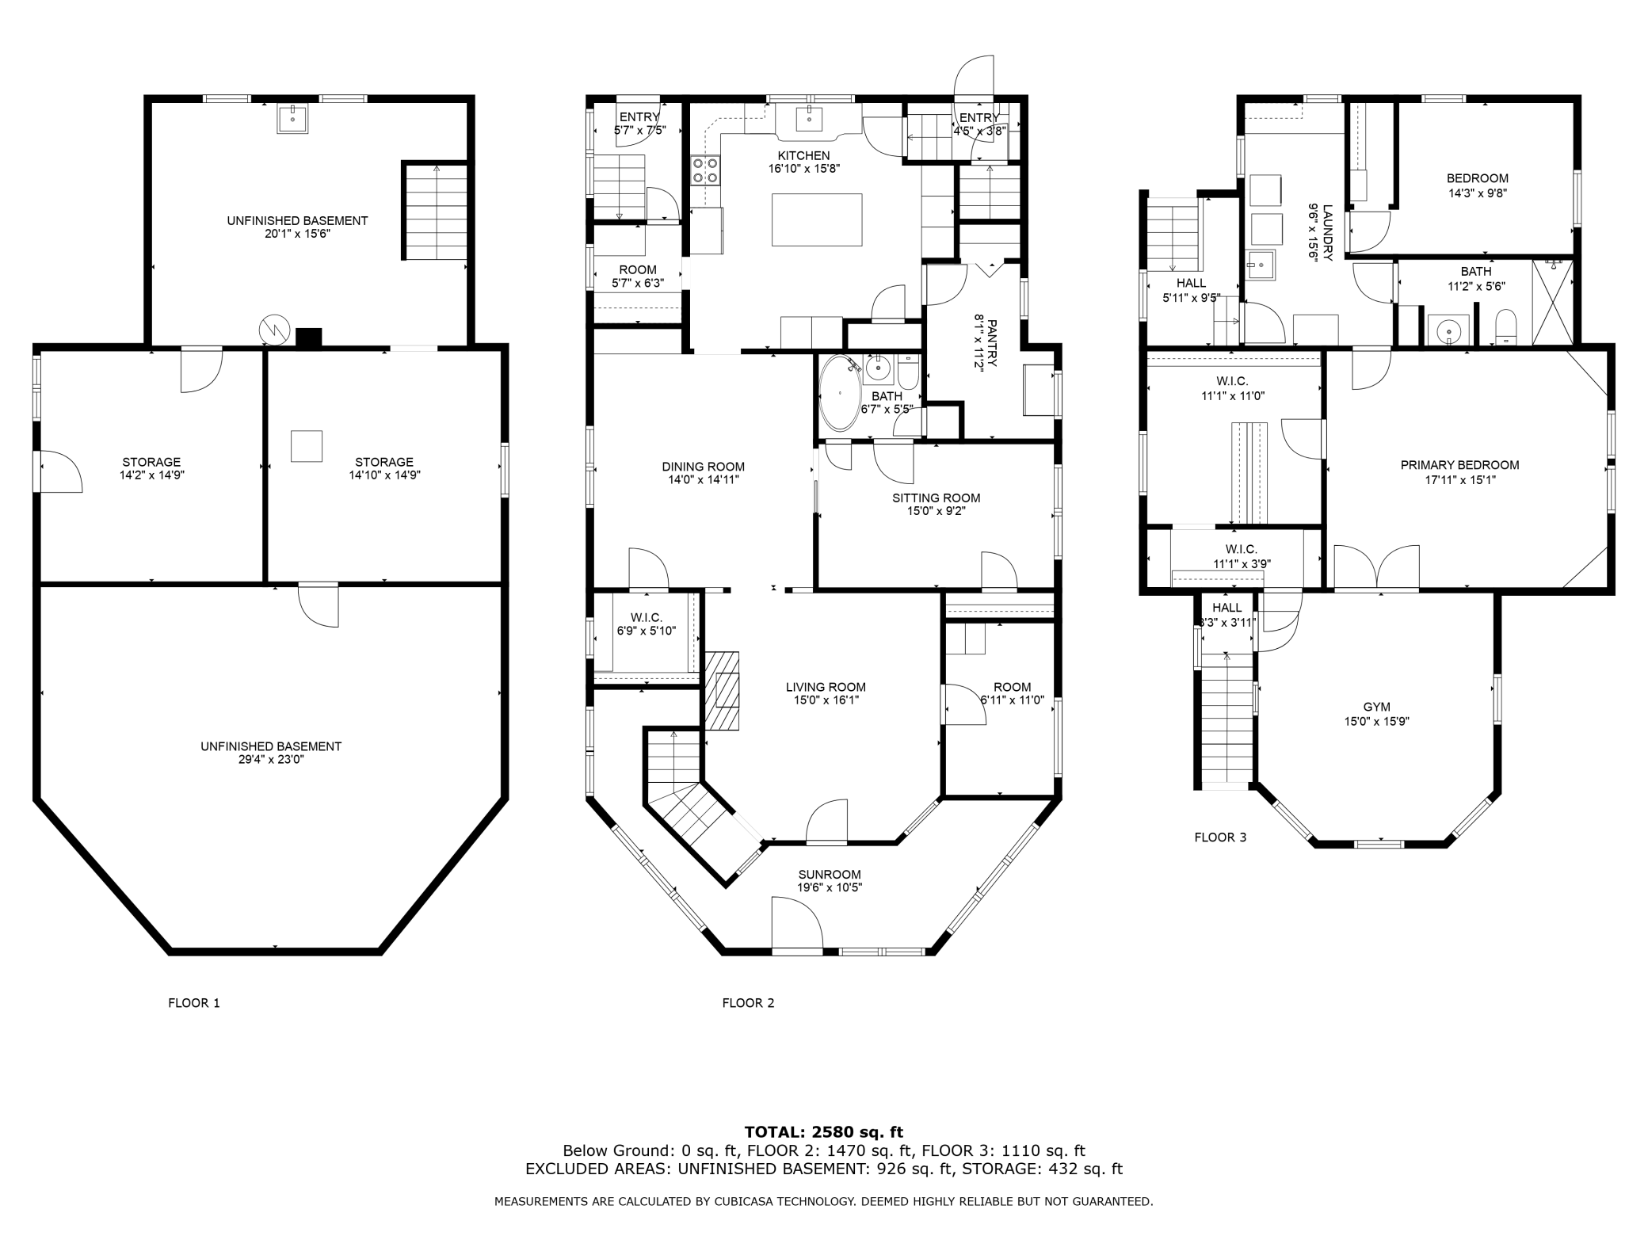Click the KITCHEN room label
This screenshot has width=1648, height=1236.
click(x=803, y=156)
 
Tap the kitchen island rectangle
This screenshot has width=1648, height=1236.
click(x=817, y=219)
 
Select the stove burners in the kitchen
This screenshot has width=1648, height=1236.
click(x=705, y=170)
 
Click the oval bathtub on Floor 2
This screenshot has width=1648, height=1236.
click(x=838, y=392)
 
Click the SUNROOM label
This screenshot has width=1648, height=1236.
click(x=829, y=874)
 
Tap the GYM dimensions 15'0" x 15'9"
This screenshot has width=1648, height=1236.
click(x=1376, y=721)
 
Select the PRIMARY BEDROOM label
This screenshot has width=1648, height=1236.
click(x=1459, y=465)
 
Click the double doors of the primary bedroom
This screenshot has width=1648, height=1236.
click(x=1376, y=567)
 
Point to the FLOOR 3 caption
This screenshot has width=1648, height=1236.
click(x=1220, y=837)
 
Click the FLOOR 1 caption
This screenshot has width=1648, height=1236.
click(x=194, y=1002)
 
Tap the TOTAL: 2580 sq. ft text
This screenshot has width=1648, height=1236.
click(x=823, y=1132)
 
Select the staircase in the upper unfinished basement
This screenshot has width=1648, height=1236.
click(x=436, y=212)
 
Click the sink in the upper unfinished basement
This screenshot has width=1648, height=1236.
click(x=292, y=119)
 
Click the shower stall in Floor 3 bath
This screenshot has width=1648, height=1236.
click(x=1553, y=302)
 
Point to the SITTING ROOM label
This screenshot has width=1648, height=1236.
click(x=936, y=498)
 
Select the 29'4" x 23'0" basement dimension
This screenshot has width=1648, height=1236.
click(x=271, y=759)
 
